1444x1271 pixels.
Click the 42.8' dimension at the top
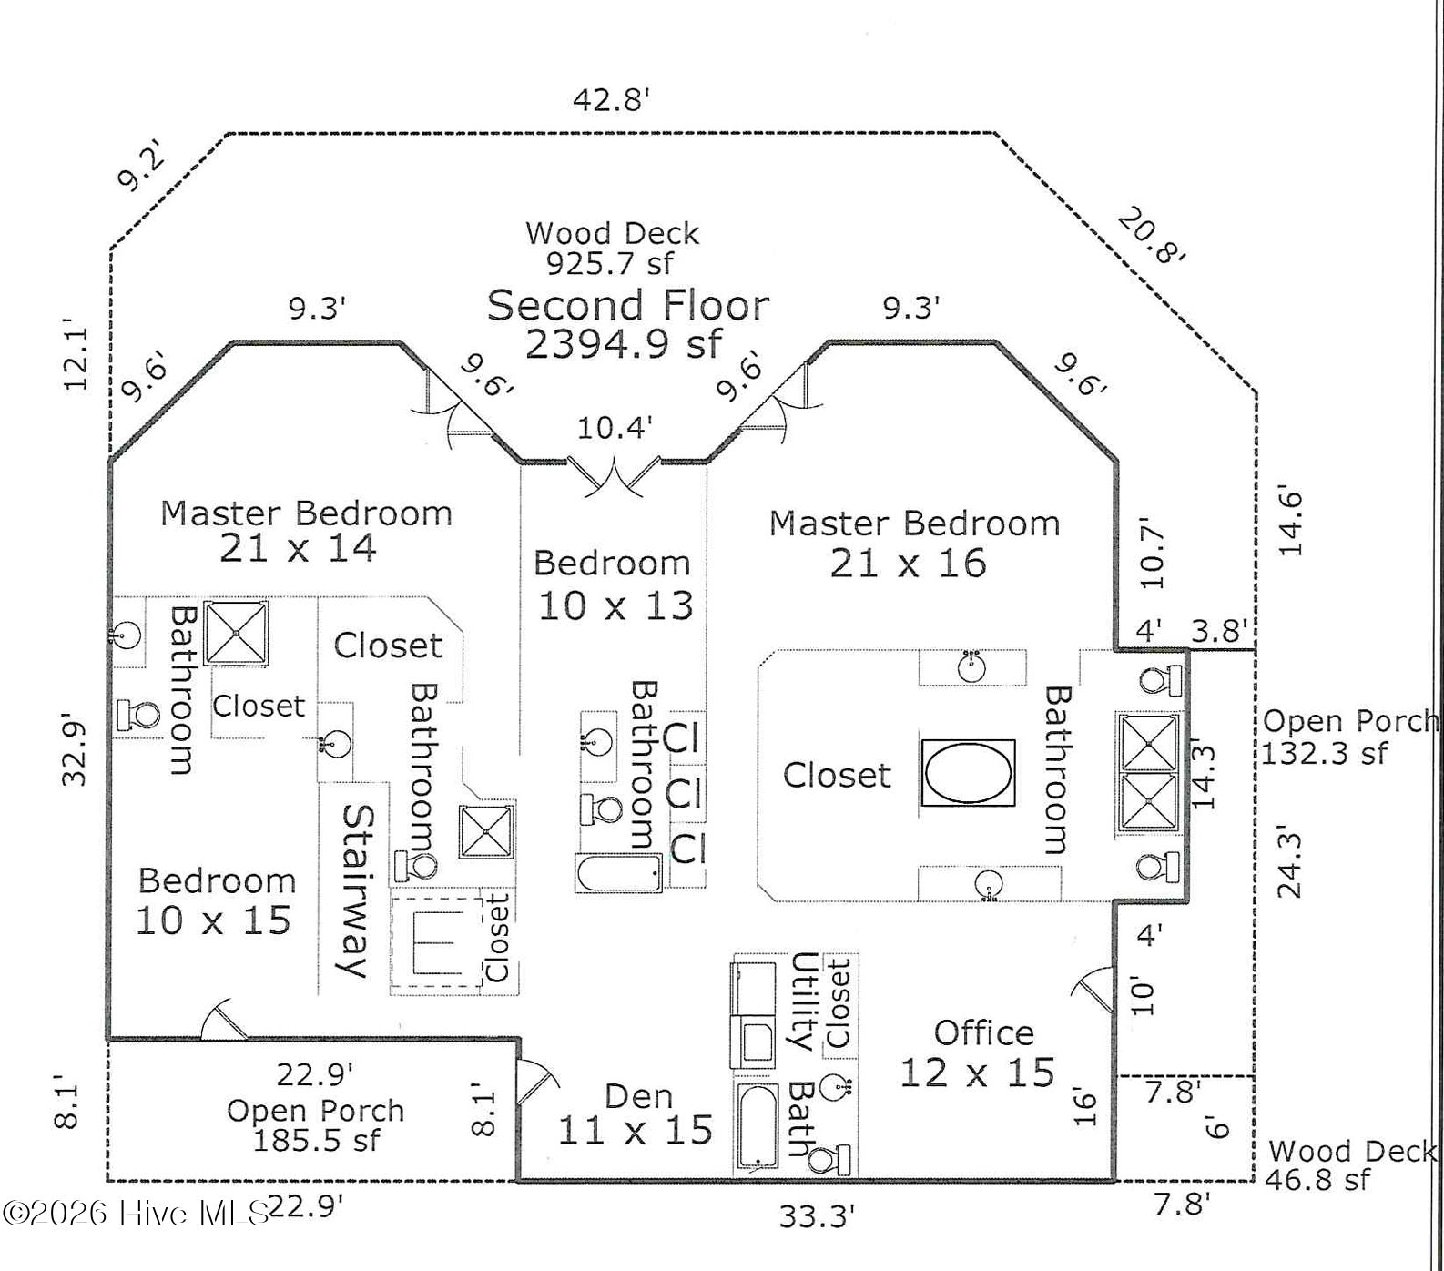pos(612,98)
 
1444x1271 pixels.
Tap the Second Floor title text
pos(628,305)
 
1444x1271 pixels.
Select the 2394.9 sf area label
pos(624,344)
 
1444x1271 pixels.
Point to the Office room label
pos(983,1033)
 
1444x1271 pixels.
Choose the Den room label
pos(639,1097)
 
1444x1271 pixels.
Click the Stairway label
pos(355,890)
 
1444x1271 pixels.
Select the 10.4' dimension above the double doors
pos(615,427)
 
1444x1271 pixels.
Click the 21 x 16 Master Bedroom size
pos(908,564)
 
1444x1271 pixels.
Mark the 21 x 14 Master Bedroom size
pos(298,548)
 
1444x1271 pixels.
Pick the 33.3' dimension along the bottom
pos(816,1215)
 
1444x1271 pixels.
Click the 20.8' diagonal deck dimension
pos(1151,236)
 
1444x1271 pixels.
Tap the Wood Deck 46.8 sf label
pos(1351,1166)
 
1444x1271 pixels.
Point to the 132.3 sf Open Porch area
pos(1325,753)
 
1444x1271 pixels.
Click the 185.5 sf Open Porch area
pos(316,1140)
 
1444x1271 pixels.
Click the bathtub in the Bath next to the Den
pos(758,1126)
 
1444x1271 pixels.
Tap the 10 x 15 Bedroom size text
pos(213,920)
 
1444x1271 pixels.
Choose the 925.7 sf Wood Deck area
pos(610,263)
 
